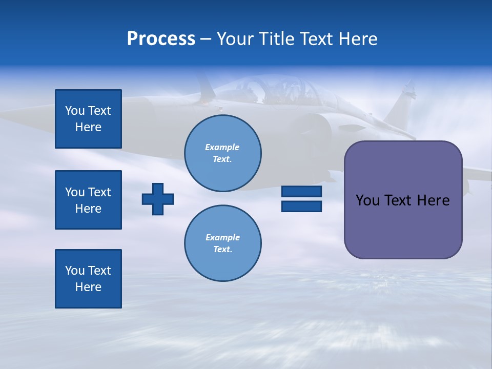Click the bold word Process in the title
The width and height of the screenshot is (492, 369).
click(161, 39)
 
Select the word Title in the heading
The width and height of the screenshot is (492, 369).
click(276, 39)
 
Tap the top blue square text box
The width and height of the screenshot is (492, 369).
click(88, 119)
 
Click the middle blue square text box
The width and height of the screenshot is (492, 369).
click(88, 200)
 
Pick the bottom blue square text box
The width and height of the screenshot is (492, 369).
click(88, 279)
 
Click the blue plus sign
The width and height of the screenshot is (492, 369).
click(158, 199)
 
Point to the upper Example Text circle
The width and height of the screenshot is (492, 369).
click(222, 153)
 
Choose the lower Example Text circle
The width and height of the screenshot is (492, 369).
click(222, 243)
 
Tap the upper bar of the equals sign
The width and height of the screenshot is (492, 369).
click(301, 191)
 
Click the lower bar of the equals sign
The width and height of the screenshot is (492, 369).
click(301, 206)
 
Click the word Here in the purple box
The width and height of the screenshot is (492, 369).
click(433, 200)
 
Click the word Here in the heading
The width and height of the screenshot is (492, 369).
click(357, 39)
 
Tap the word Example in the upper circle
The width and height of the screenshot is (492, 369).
click(222, 147)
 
